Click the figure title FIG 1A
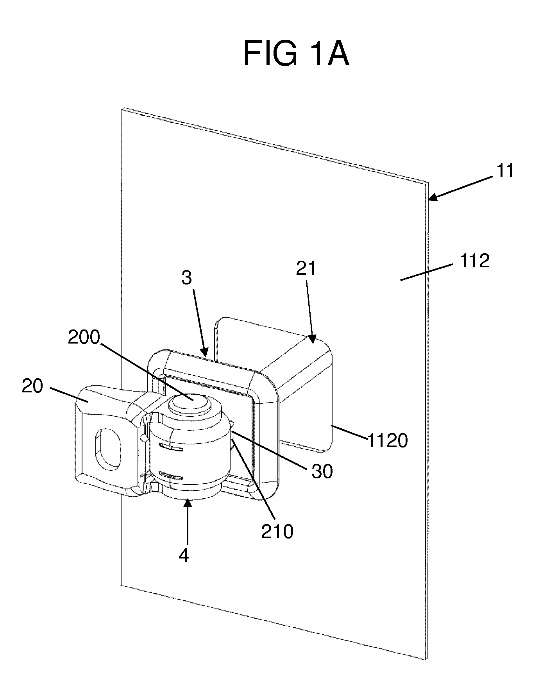pyautogui.click(x=296, y=55)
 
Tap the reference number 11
pyautogui.click(x=505, y=171)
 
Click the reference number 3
pyautogui.click(x=187, y=278)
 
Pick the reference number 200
pyautogui.click(x=84, y=338)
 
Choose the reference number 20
pyautogui.click(x=32, y=387)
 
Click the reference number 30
pyautogui.click(x=322, y=472)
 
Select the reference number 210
pyautogui.click(x=277, y=532)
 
